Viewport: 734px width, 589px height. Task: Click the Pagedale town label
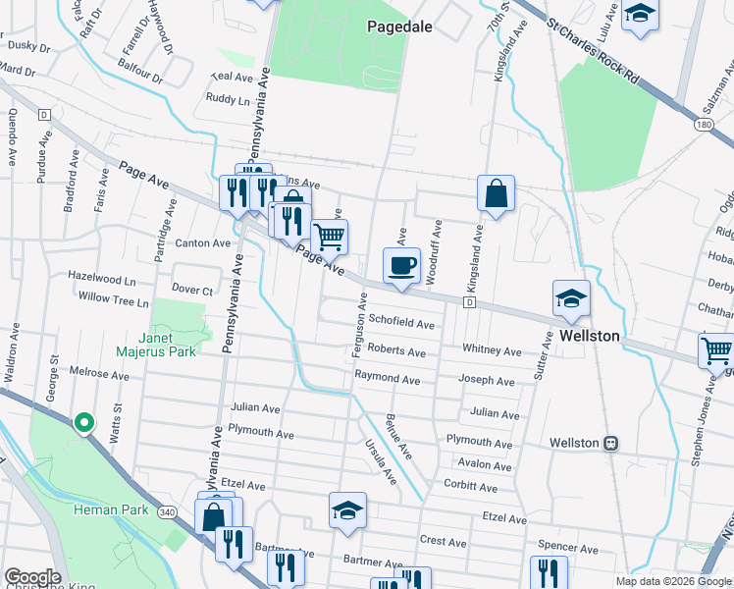click(399, 27)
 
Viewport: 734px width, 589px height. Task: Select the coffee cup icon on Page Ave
click(400, 266)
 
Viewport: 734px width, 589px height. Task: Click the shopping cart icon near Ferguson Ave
click(329, 237)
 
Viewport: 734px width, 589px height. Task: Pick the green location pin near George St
click(84, 423)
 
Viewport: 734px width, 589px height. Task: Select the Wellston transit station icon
click(610, 443)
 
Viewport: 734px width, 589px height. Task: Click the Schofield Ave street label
click(401, 324)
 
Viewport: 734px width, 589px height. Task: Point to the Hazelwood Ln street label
click(101, 280)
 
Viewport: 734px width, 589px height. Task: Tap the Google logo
click(32, 577)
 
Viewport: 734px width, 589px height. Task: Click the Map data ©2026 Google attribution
click(673, 581)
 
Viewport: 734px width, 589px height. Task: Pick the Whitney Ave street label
click(492, 350)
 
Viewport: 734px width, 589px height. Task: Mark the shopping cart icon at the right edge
click(715, 351)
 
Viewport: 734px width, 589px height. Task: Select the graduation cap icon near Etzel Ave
click(347, 510)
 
